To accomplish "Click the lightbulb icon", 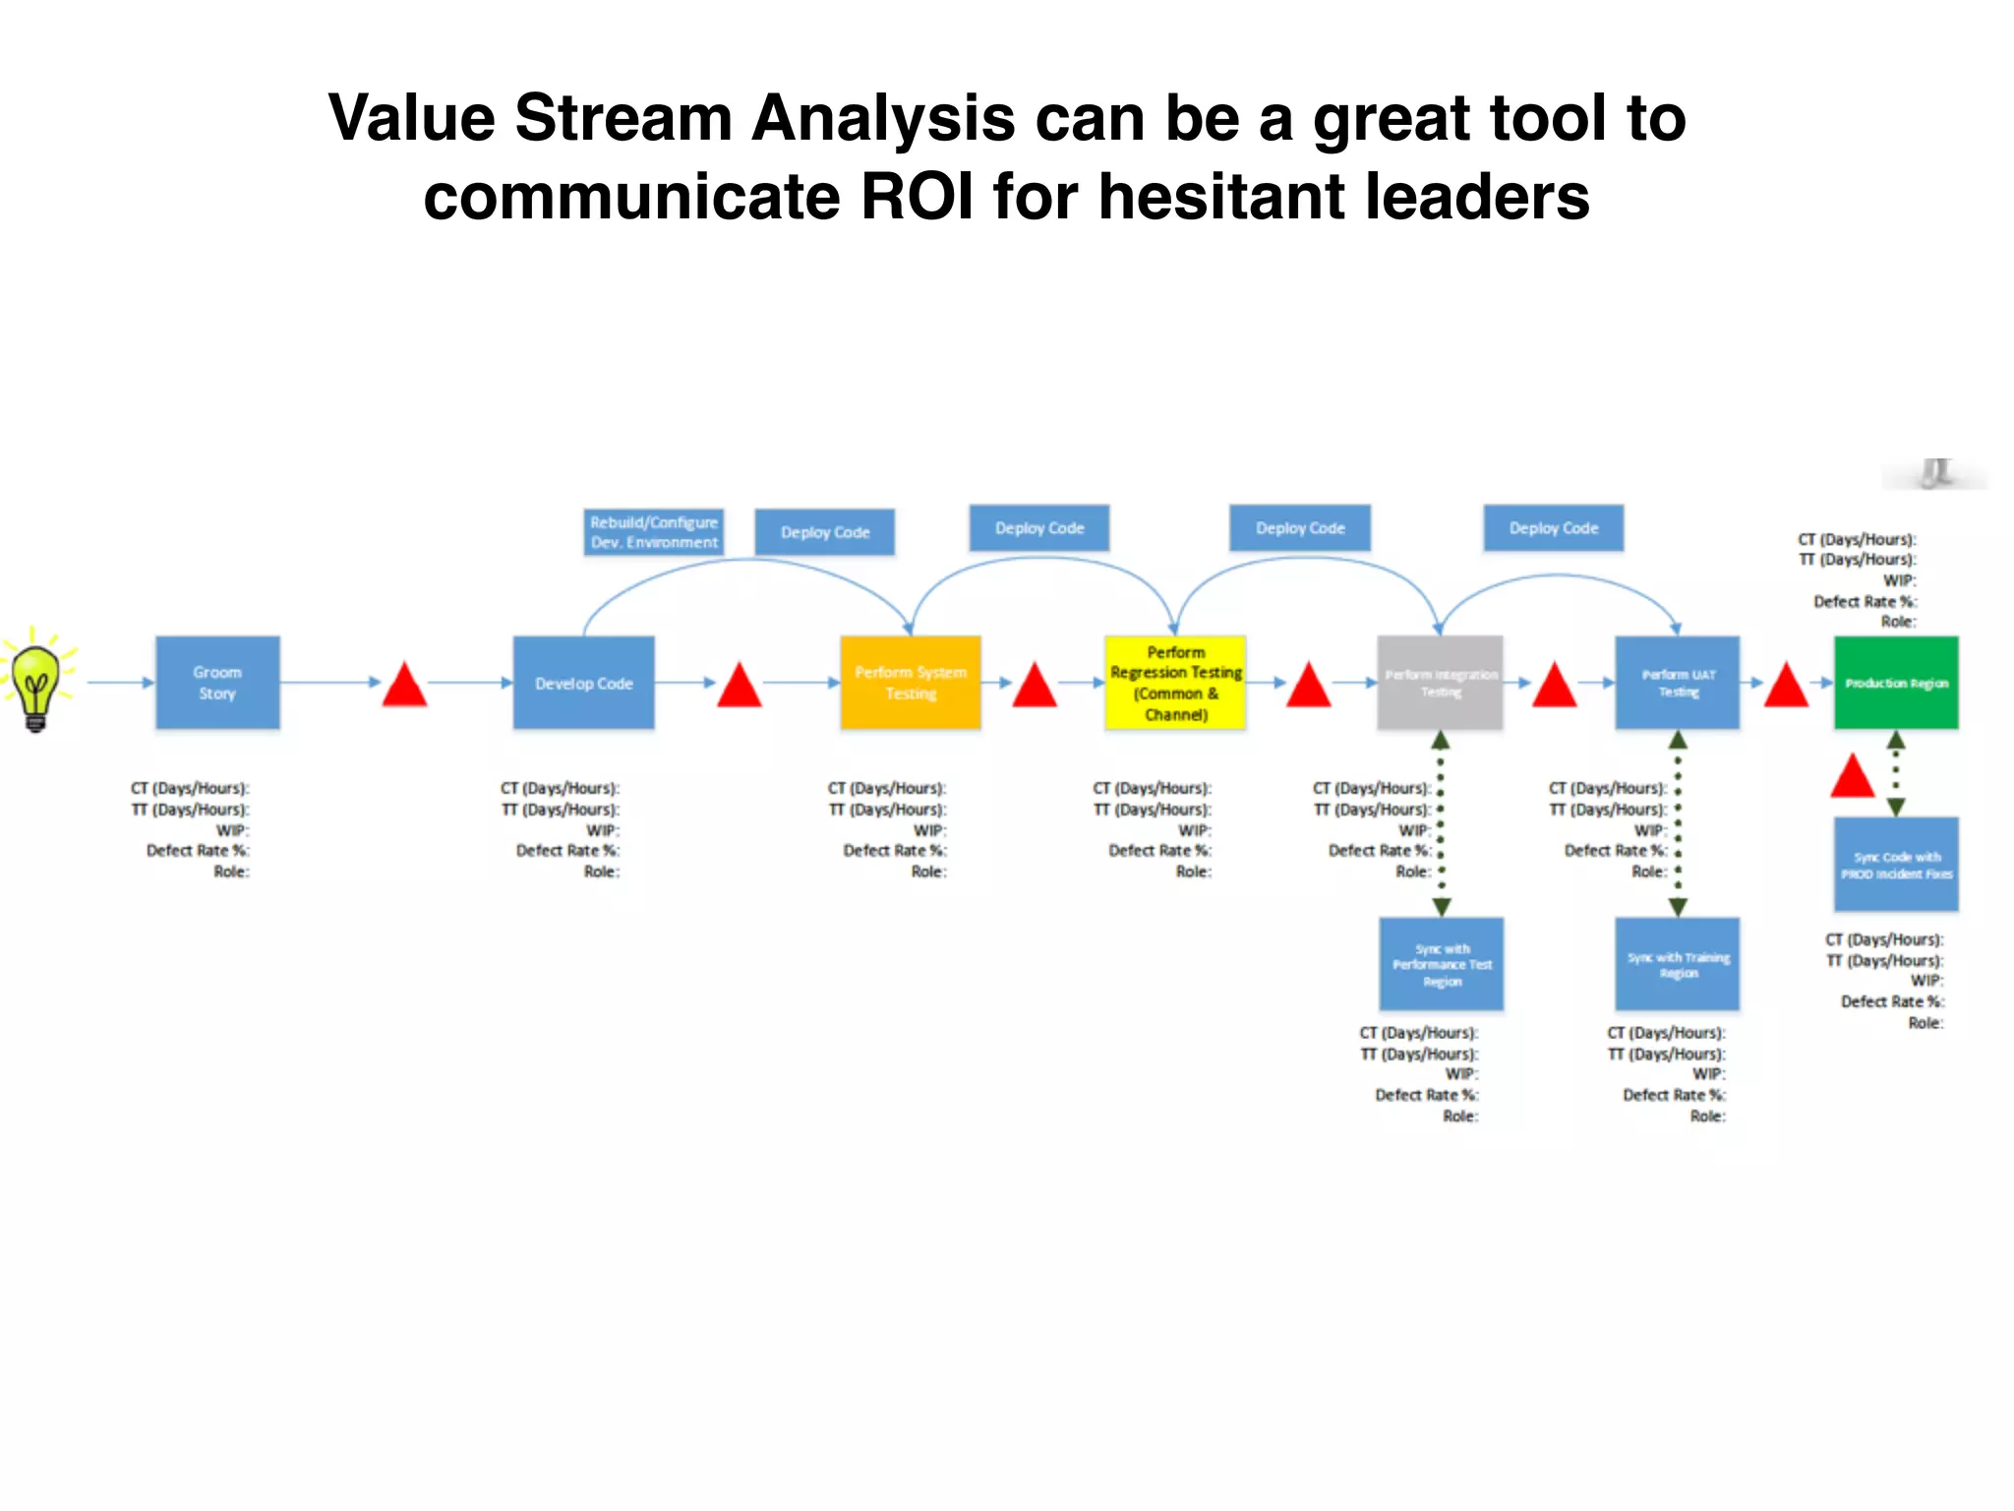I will [x=36, y=681].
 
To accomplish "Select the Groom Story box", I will [x=217, y=683].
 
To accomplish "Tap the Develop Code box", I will [x=583, y=683].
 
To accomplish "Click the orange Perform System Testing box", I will [x=910, y=683].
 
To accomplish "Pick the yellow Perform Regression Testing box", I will [x=1175, y=683].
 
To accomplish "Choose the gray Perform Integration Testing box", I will [x=1440, y=683].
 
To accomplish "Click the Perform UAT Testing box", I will [x=1678, y=683].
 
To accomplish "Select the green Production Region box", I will [x=1896, y=683].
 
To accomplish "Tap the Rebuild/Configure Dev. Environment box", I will [x=654, y=532].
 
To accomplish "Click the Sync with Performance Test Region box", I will [x=1442, y=964].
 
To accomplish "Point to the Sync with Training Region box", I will [x=1678, y=964].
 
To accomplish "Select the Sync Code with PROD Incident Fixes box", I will [x=1896, y=865].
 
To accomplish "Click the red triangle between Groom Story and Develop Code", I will [x=404, y=687].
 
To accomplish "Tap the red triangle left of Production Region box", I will [x=1786, y=687].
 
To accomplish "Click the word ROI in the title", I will [x=917, y=197].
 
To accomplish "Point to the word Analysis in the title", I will [x=883, y=118].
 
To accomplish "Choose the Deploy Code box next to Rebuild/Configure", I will [x=825, y=532].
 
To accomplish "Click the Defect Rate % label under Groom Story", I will [x=198, y=851].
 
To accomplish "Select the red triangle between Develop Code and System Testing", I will [x=740, y=687].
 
